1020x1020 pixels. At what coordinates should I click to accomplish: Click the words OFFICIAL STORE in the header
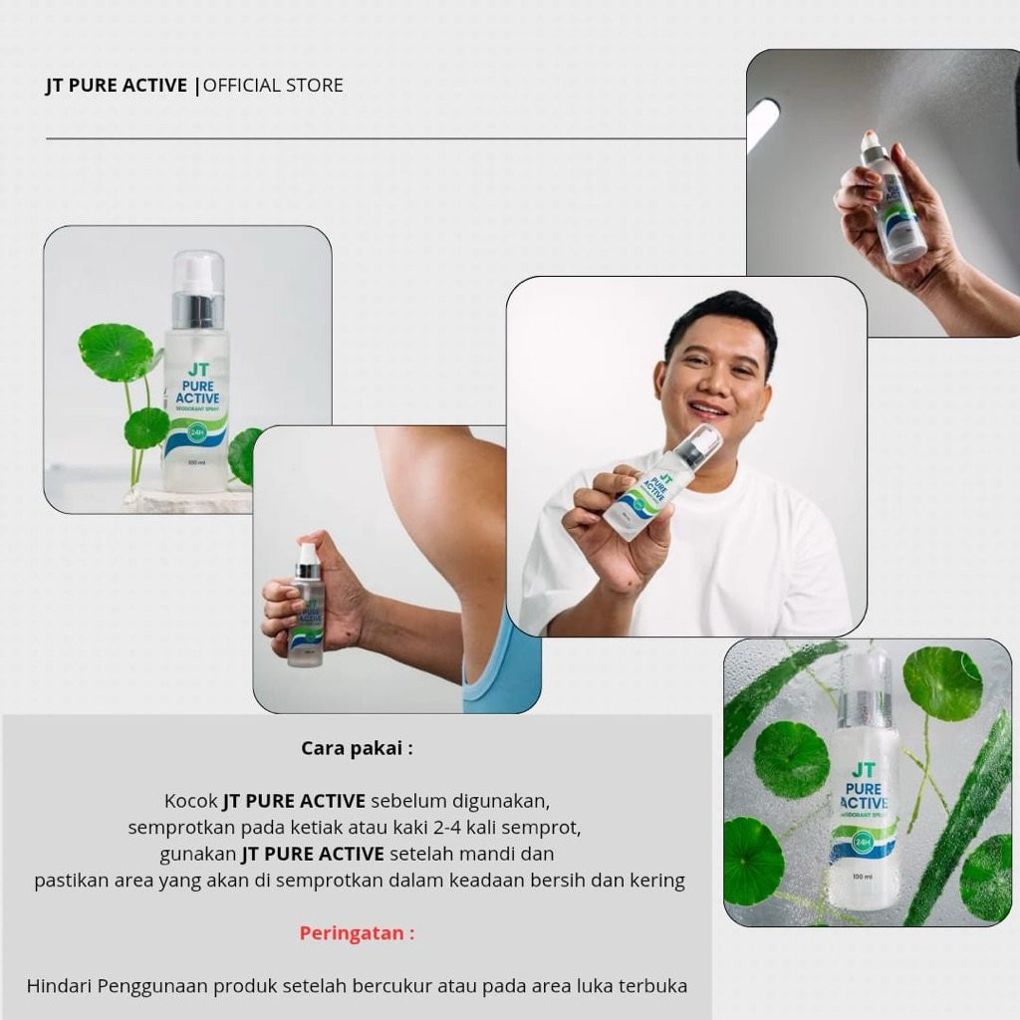coord(273,86)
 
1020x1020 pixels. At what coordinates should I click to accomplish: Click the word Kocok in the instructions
coord(190,801)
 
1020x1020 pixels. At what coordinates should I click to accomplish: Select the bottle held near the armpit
coord(307,606)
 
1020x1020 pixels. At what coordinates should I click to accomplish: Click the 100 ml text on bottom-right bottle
coord(862,877)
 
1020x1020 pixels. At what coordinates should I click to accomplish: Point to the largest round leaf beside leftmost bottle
coord(117,352)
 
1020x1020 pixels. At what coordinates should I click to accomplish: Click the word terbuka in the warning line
coord(652,986)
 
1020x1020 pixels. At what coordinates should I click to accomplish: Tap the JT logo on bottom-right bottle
coord(864,770)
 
